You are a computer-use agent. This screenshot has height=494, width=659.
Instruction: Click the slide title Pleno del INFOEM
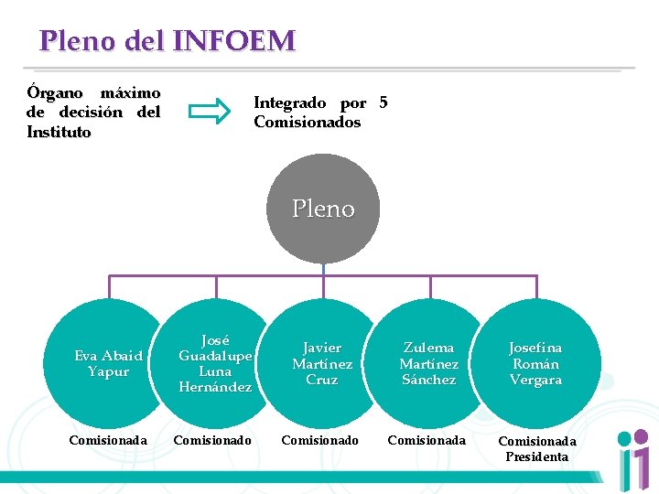[x=167, y=41]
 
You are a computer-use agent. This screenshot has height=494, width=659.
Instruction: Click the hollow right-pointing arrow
[x=210, y=112]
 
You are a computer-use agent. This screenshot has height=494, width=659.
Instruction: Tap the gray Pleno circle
[x=323, y=209]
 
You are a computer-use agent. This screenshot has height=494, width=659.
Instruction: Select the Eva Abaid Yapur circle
[x=109, y=363]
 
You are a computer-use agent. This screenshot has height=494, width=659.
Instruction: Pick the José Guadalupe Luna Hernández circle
[x=216, y=363]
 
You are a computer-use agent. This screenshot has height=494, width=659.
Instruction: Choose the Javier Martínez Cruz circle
[x=322, y=363]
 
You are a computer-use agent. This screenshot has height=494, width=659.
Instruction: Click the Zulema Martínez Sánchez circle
[x=428, y=363]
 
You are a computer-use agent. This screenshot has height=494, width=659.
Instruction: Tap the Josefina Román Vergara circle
[x=535, y=363]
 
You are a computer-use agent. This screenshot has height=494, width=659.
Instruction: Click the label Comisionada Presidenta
[x=537, y=448]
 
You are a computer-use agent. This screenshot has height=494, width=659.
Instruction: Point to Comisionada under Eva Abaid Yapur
[x=108, y=440]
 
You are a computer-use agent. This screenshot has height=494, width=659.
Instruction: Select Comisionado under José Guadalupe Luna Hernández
[x=212, y=440]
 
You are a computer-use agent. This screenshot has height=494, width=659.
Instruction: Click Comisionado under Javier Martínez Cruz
[x=320, y=440]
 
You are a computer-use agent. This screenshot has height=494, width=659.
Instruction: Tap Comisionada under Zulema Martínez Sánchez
[x=427, y=440]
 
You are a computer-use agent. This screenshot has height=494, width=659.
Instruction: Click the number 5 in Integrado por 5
[x=383, y=102]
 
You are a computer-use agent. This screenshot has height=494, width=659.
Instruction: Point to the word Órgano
[x=55, y=93]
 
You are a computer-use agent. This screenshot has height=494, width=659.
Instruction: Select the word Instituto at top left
[x=59, y=132]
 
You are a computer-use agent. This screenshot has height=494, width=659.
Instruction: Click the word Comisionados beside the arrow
[x=308, y=122]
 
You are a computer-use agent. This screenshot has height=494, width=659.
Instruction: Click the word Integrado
[x=289, y=102]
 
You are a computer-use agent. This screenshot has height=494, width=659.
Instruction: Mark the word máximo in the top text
[x=130, y=93]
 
